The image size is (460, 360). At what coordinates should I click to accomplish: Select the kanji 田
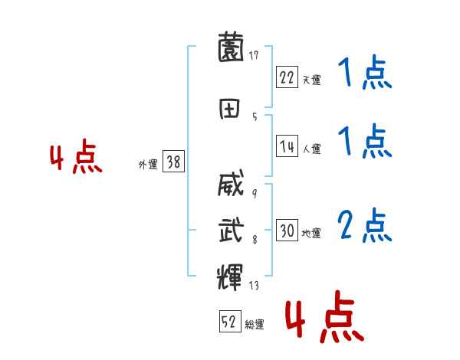(231, 110)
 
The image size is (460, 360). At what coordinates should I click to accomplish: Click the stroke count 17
(254, 55)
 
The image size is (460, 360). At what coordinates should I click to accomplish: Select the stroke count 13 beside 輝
(254, 286)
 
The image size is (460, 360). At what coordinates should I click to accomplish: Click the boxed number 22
(287, 77)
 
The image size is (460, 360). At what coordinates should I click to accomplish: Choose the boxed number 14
(287, 147)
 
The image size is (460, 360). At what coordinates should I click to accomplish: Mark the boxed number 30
(287, 231)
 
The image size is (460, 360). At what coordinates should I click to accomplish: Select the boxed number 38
(173, 162)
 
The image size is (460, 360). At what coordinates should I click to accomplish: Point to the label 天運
(311, 80)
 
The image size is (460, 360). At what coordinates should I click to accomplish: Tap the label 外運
(147, 164)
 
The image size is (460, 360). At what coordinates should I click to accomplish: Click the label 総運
(255, 325)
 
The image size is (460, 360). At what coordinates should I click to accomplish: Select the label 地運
(311, 233)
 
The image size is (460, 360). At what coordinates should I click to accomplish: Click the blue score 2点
(364, 226)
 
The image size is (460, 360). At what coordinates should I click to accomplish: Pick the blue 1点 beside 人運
(364, 142)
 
